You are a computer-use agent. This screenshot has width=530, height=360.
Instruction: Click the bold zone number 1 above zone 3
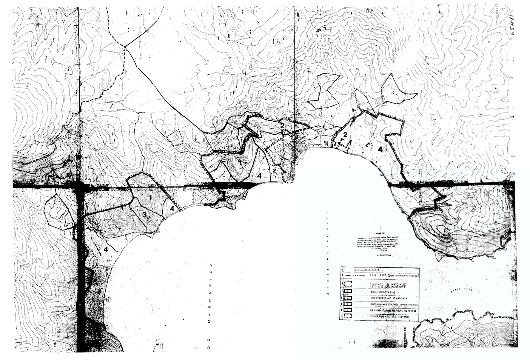pyautogui.click(x=150, y=197)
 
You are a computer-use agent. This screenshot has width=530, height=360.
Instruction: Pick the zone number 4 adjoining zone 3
pyautogui.click(x=172, y=208)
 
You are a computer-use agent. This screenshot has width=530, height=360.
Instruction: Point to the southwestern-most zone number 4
pyautogui.click(x=106, y=249)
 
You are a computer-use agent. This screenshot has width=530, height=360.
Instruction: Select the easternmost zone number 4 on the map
pyautogui.click(x=380, y=149)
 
